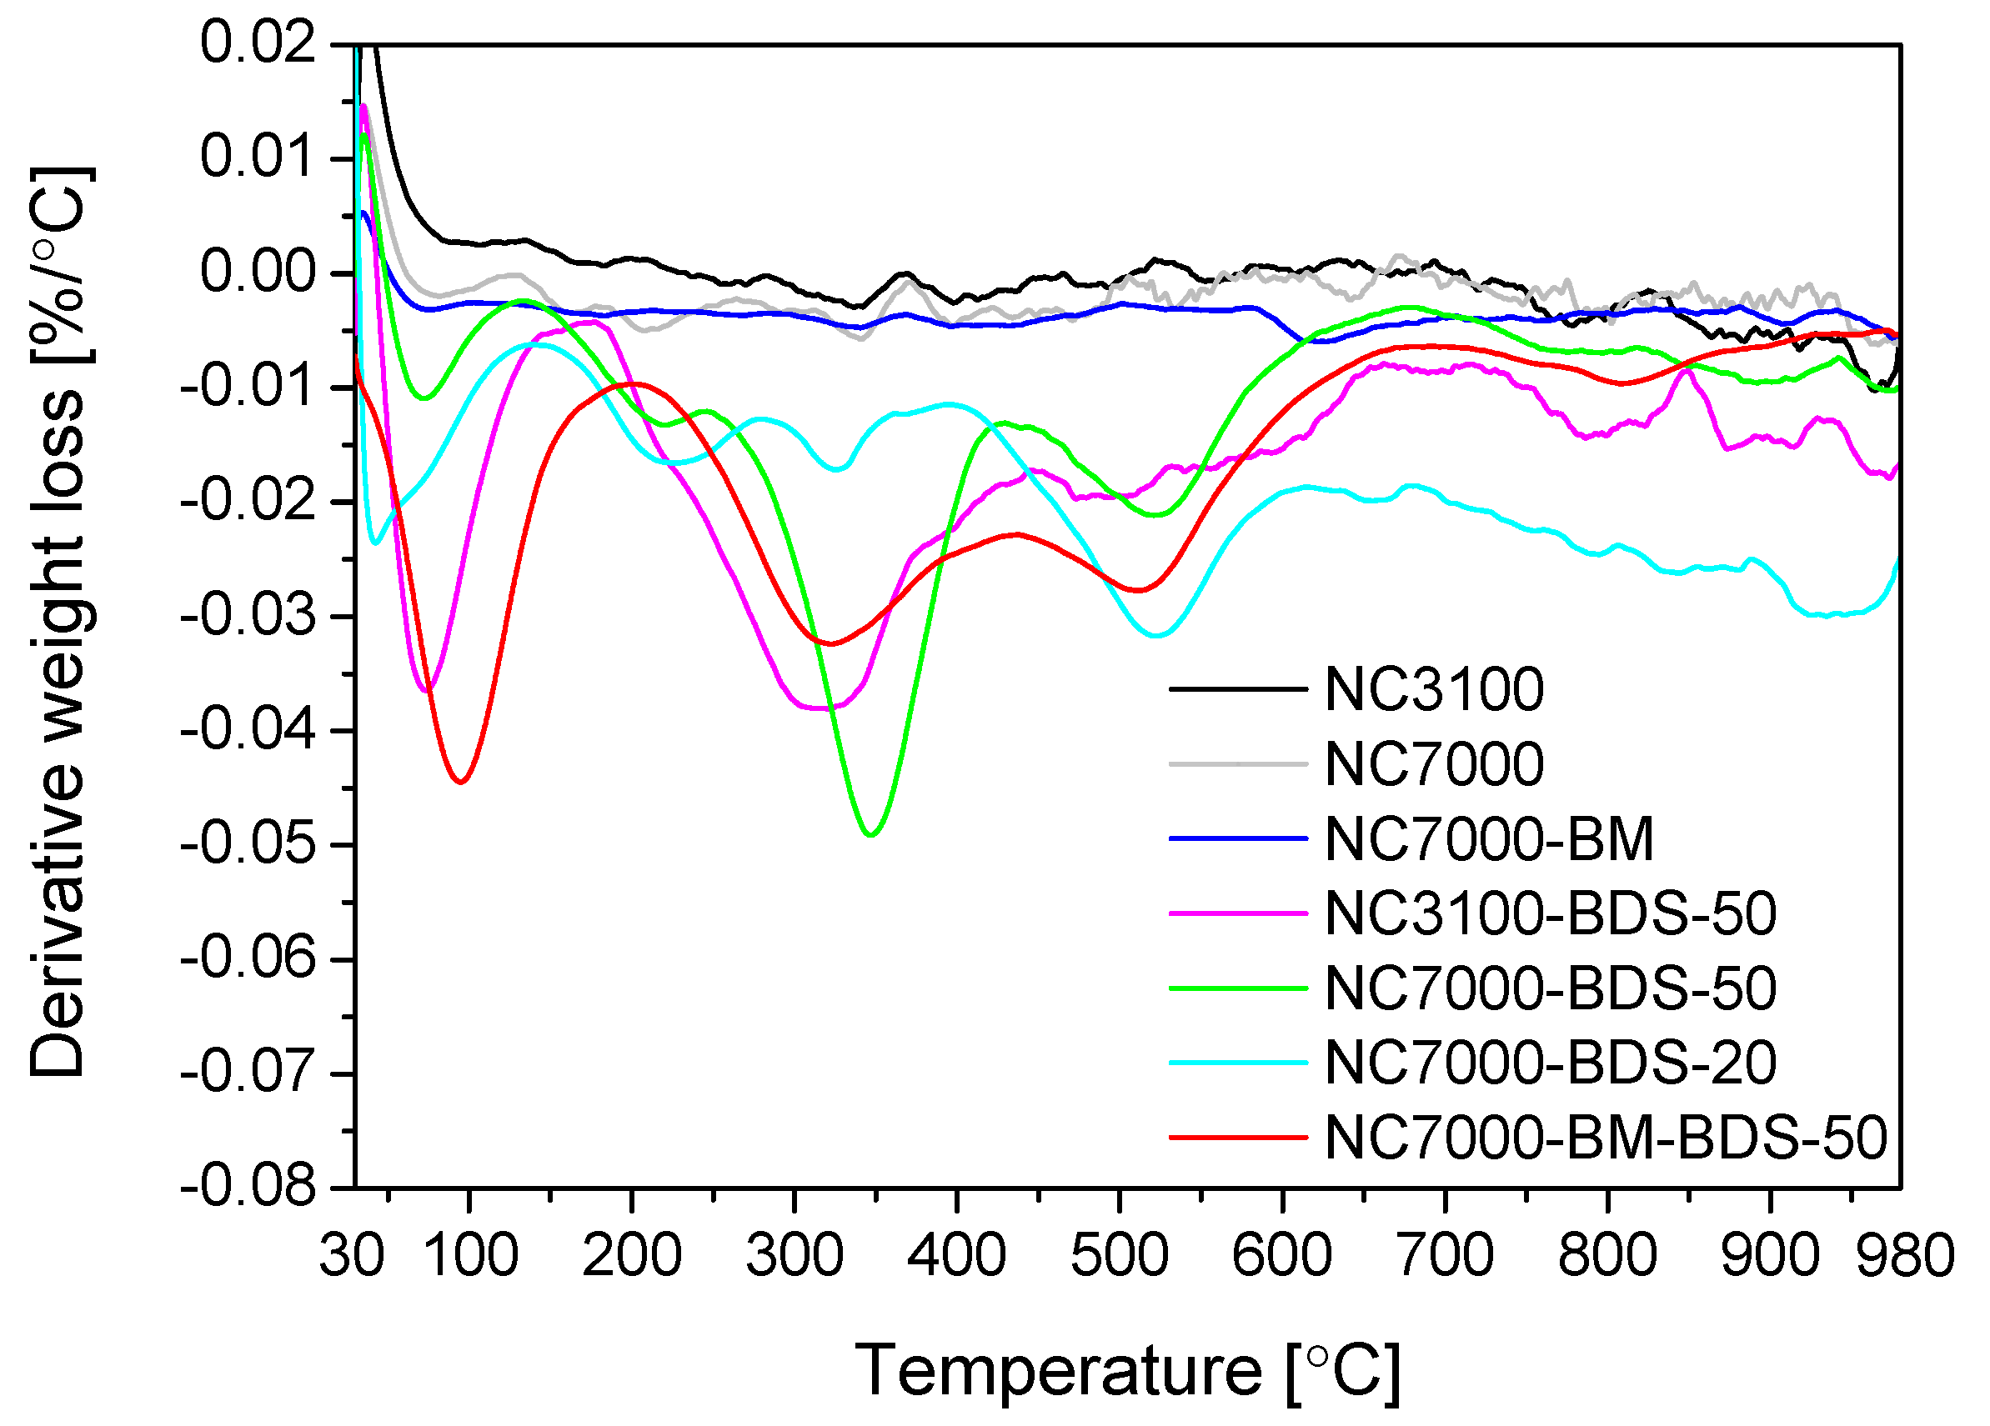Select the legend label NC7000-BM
click(1489, 838)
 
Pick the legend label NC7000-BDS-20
click(1551, 1062)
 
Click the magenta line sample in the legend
click(1238, 913)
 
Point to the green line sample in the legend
click(1238, 988)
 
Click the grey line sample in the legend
click(1238, 764)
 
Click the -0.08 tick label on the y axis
click(248, 1187)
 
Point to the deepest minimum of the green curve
click(870, 835)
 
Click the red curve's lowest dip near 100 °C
click(461, 782)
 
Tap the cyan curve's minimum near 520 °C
click(1157, 635)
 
